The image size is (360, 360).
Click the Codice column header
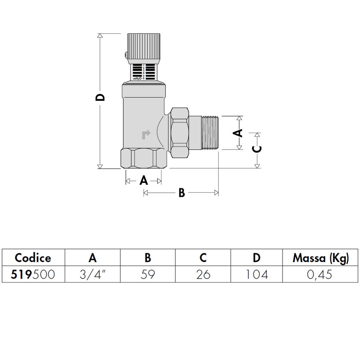point(33,258)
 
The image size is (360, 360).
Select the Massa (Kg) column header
point(321,258)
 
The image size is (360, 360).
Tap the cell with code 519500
point(33,274)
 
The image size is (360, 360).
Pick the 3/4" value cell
point(93,274)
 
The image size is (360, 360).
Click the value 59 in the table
point(147,274)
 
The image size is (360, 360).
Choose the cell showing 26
point(203,274)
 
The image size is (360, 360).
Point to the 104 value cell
point(257,274)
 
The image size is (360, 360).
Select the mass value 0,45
point(321,274)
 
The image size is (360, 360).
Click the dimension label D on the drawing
point(100,98)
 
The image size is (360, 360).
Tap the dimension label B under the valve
point(181,193)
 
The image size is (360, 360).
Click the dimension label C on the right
point(257,149)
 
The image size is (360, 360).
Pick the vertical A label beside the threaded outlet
point(238,133)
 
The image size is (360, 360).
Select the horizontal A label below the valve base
point(144,181)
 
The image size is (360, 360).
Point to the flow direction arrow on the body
point(145,134)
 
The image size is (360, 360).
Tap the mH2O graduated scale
point(144,72)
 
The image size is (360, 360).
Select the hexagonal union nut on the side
point(180,132)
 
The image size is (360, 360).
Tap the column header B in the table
point(147,258)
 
